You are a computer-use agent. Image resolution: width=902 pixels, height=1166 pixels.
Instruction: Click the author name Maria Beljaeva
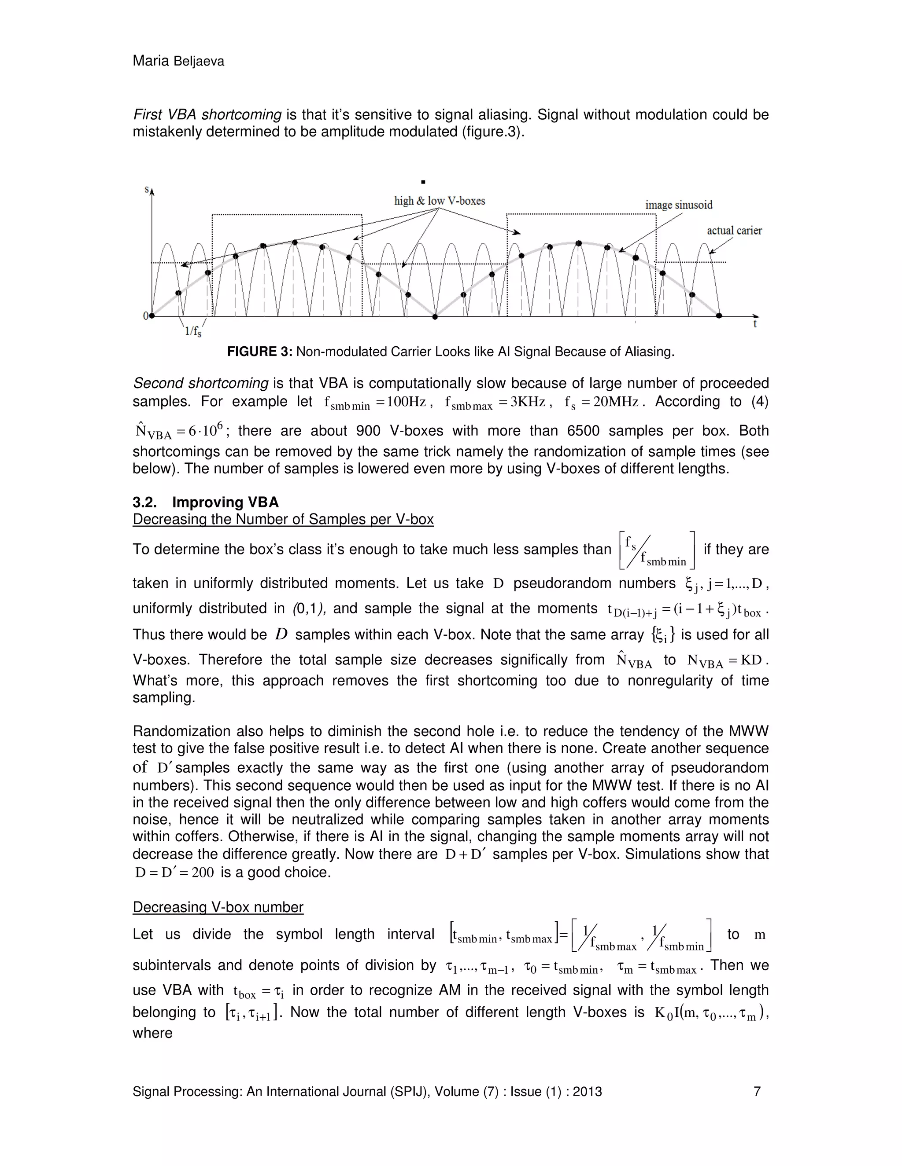178,62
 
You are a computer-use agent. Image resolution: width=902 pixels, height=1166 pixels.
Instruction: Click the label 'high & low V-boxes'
439,201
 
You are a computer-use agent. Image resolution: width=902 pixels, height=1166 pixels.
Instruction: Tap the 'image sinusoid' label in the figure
679,205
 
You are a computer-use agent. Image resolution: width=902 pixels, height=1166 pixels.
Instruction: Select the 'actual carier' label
734,231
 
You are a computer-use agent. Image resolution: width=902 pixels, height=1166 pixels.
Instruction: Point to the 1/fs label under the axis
193,332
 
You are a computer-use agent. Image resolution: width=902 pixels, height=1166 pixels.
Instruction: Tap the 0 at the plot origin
145,316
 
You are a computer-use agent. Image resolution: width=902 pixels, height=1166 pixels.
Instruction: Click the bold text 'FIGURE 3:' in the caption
260,352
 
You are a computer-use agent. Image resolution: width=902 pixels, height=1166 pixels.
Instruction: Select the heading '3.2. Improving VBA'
206,502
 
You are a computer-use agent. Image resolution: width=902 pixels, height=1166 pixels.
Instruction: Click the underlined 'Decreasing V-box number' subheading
218,907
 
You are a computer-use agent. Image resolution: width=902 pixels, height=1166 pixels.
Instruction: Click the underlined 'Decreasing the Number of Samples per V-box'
283,520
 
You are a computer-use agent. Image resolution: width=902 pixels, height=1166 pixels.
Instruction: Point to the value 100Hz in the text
406,402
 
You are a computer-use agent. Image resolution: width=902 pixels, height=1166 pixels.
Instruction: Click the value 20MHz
616,402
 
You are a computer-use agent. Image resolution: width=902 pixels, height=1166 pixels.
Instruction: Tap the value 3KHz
527,402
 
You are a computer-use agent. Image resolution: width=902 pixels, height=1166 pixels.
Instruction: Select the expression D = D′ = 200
174,873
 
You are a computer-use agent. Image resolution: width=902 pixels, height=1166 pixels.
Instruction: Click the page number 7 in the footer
757,1092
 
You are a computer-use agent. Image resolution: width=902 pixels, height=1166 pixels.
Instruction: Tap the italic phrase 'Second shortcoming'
200,383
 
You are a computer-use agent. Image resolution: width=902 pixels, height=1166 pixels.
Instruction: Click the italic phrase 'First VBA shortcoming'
207,115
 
